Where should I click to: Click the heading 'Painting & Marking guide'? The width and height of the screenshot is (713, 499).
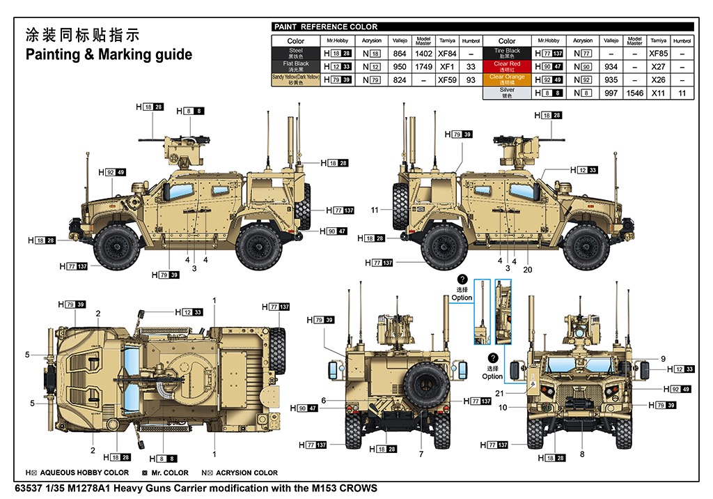click(x=109, y=54)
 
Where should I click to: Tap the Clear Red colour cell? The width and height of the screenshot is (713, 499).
click(x=507, y=66)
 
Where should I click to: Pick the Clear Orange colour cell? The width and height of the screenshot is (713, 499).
click(x=507, y=79)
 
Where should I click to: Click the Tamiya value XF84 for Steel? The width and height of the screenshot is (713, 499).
click(x=446, y=53)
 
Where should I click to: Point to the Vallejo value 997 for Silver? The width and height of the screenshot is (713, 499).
click(x=611, y=93)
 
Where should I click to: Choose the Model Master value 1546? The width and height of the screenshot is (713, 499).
click(x=634, y=93)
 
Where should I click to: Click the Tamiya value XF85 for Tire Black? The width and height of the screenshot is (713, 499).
click(x=657, y=53)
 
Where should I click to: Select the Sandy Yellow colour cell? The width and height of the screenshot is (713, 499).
click(x=296, y=79)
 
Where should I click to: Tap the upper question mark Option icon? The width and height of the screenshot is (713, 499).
click(x=462, y=279)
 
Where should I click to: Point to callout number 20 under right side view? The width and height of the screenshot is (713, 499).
click(x=527, y=270)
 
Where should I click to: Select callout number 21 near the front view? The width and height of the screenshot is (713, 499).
click(x=499, y=393)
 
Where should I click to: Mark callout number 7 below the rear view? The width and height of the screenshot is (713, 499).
click(x=421, y=454)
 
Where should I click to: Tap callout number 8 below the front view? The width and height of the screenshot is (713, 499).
click(x=582, y=454)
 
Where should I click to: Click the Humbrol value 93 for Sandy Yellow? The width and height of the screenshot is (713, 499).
click(x=471, y=79)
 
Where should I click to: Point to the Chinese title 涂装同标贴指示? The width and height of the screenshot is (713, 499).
click(x=82, y=35)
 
